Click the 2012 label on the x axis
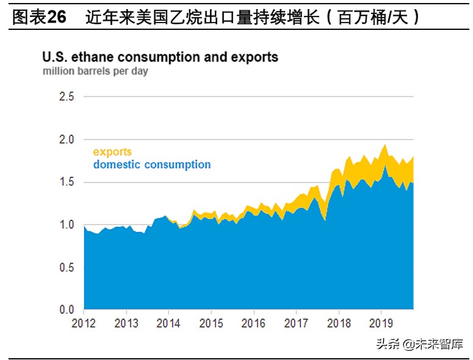[83, 323]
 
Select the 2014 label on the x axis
[168, 323]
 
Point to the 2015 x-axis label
[211, 323]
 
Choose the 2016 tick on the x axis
[253, 323]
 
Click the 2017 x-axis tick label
[296, 323]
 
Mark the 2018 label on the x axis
[339, 323]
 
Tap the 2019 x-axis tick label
[381, 323]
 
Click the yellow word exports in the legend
[112, 152]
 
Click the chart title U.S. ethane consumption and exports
[160, 57]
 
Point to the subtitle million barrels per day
[95, 71]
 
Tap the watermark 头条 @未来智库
[419, 344]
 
